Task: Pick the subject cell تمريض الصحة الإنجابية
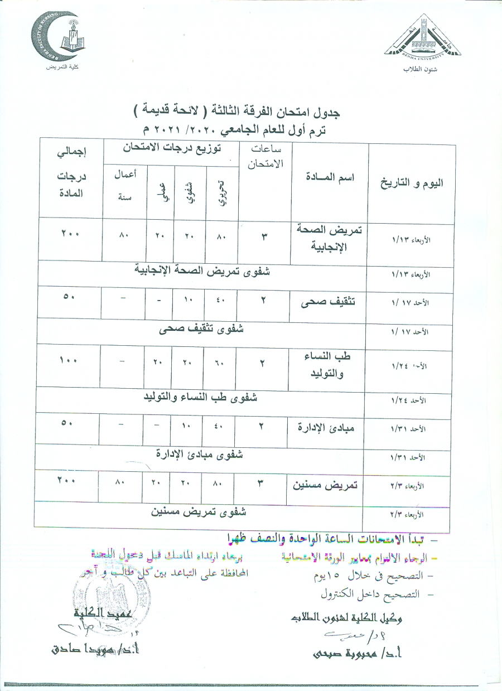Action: click(329, 238)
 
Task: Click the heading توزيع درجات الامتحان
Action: click(171, 149)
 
